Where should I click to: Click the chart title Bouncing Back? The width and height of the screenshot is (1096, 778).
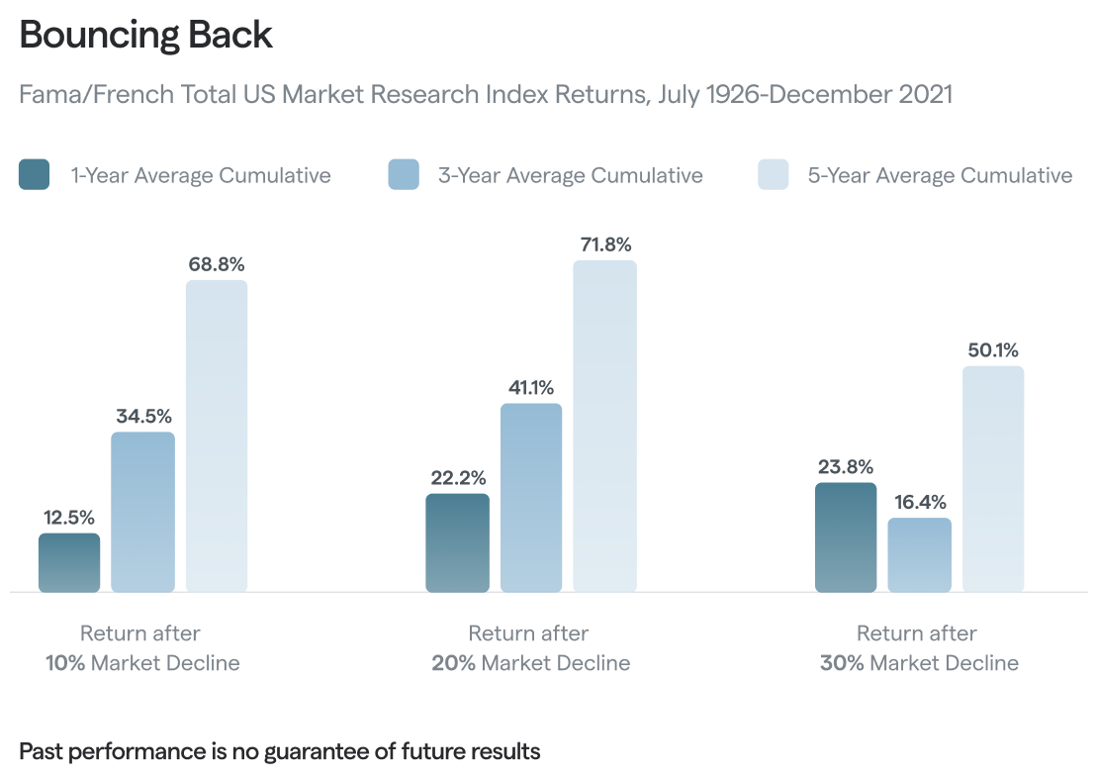pos(145,35)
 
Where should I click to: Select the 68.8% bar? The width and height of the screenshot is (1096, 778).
pos(217,436)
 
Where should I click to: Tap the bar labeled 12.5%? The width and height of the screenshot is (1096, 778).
pos(69,562)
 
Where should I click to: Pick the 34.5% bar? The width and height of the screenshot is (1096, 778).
pos(142,512)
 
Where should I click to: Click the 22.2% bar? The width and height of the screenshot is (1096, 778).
pos(457,542)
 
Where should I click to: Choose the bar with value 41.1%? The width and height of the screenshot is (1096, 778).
pos(531,497)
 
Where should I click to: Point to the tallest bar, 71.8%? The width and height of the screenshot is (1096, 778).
pos(604,426)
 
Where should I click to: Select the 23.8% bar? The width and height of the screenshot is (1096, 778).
pos(846,537)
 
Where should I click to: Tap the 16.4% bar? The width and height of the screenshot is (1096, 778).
pos(919,554)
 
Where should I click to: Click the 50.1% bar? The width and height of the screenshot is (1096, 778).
pos(993,479)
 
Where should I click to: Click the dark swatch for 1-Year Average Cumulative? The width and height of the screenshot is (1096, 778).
pos(35,175)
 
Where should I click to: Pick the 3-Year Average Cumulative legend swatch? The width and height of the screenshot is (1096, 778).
pos(404,175)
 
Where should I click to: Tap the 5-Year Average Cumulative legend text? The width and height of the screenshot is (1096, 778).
pos(940,175)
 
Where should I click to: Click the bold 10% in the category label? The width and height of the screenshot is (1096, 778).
pos(65,663)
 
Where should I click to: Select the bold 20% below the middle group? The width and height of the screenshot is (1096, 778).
pos(452,663)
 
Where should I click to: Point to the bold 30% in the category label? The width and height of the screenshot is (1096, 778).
pos(841,663)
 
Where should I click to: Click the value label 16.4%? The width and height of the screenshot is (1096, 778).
pos(919,502)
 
